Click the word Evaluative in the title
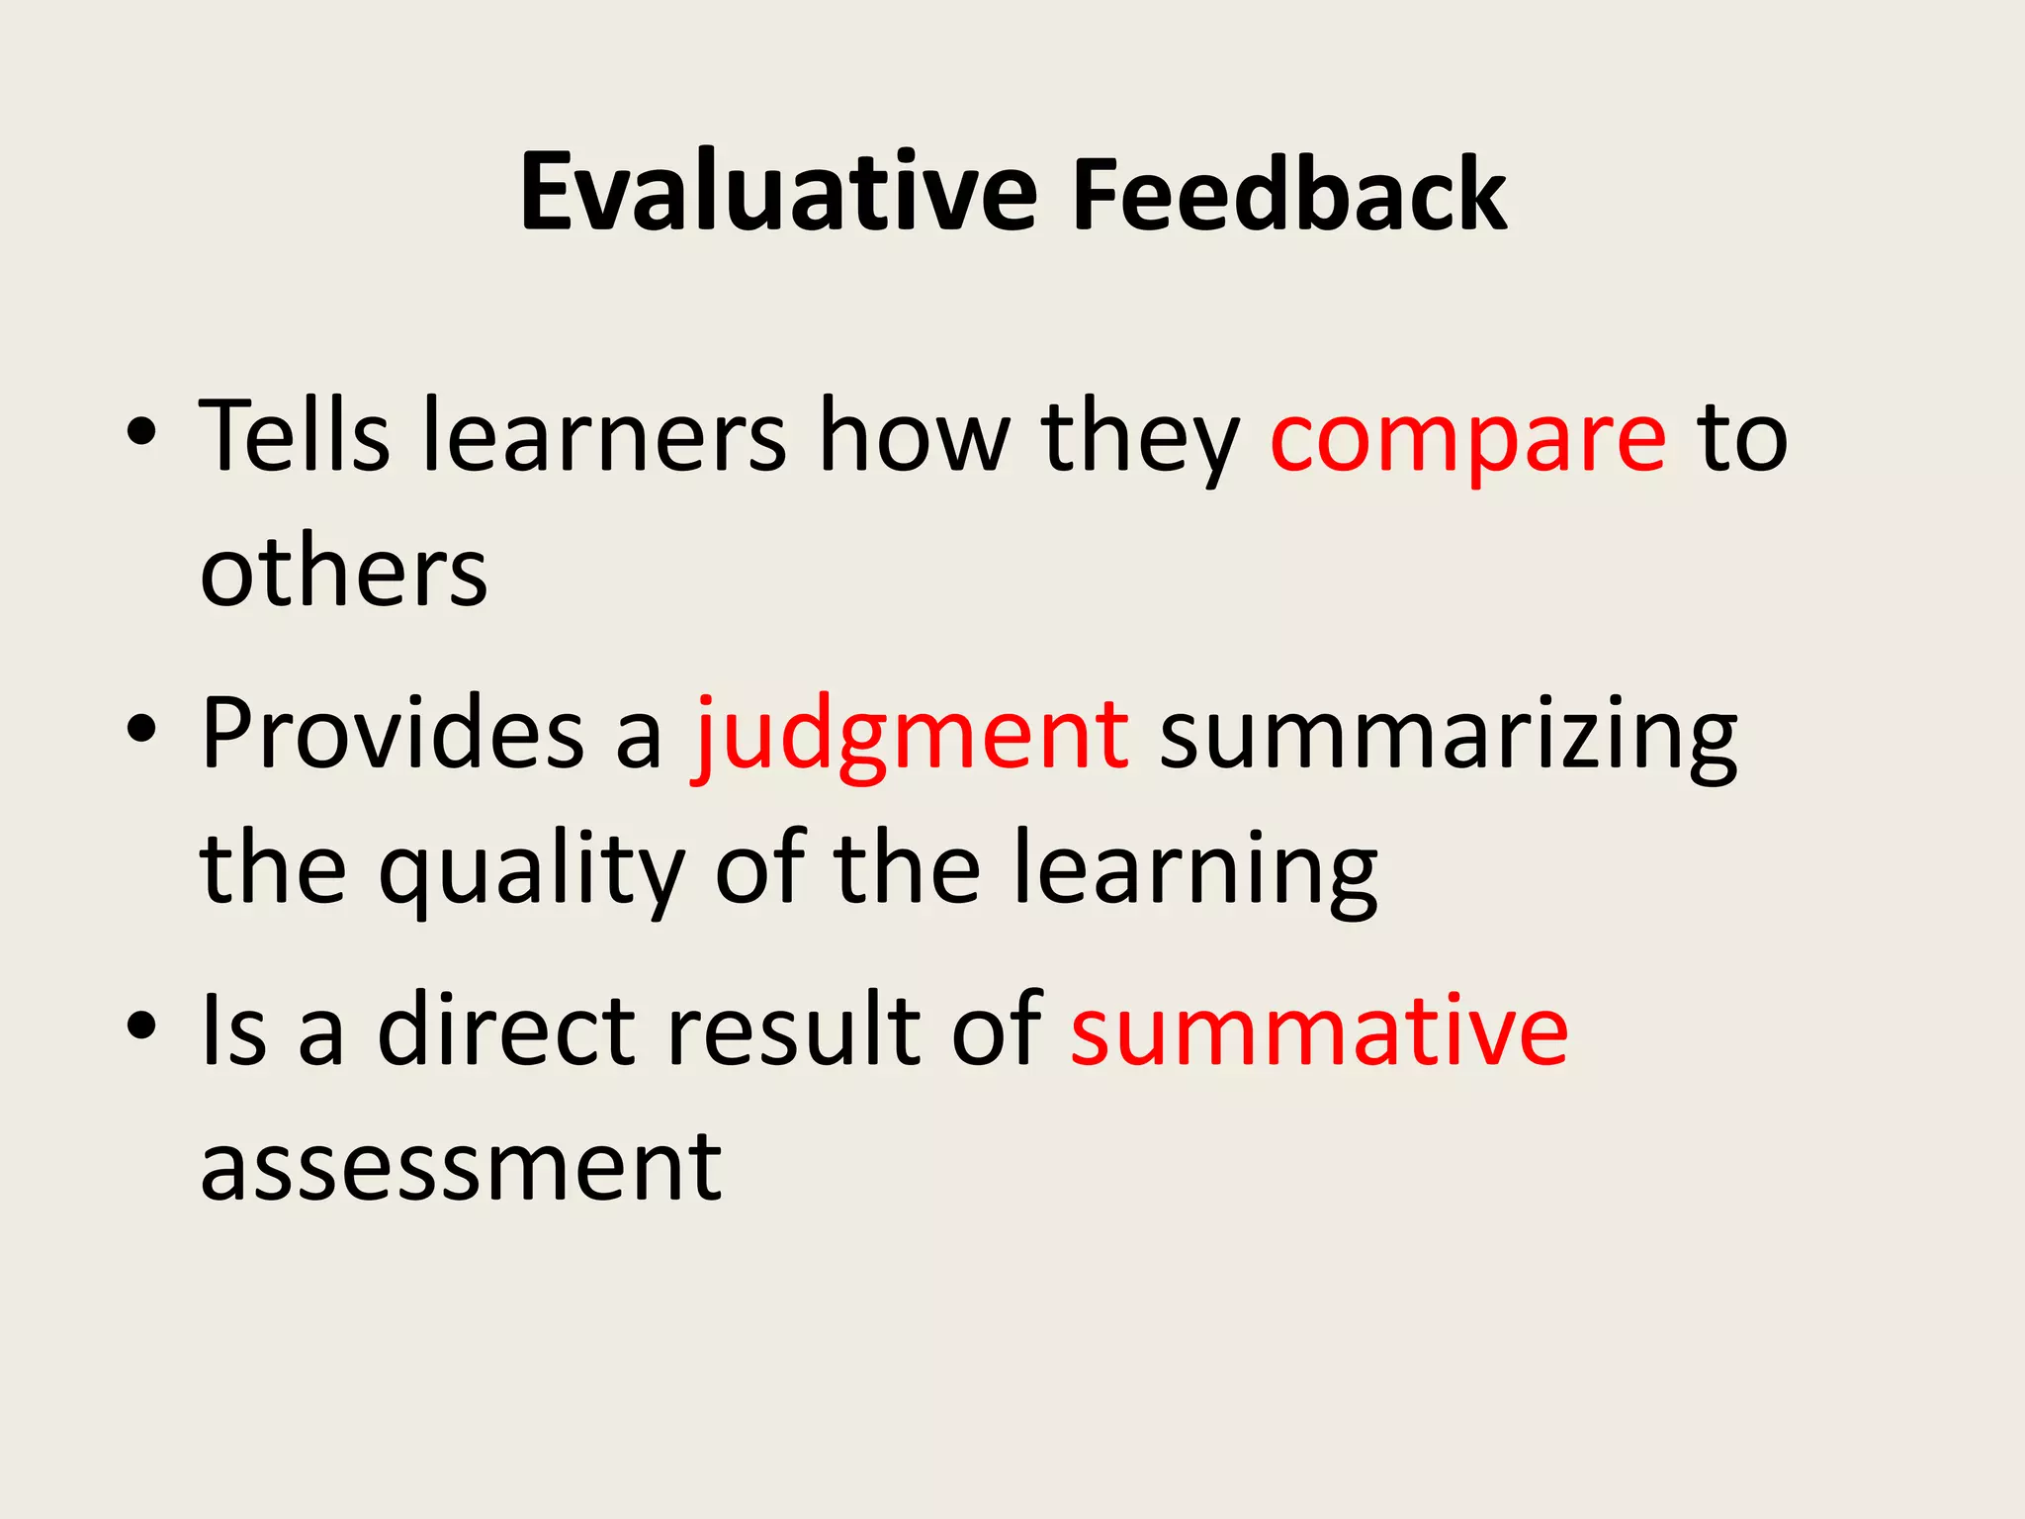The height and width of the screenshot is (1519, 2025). coord(778,193)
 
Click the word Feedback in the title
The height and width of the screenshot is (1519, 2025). coord(1289,195)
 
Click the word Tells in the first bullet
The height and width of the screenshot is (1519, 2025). coord(294,436)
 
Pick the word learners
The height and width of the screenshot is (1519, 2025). coord(605,436)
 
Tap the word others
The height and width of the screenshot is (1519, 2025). coord(343,573)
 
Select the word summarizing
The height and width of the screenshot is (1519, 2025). coord(1448,737)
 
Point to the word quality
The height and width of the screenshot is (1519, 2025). coord(532,870)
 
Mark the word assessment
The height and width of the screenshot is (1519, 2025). coord(461,1167)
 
